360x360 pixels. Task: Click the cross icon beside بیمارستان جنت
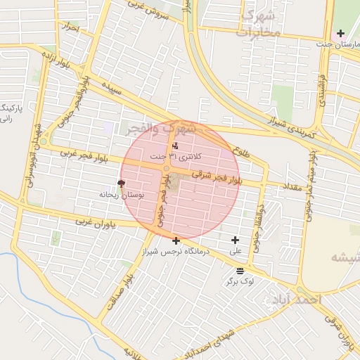[x=340, y=33]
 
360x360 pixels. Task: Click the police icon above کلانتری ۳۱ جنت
[x=175, y=146]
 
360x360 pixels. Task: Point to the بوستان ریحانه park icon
[x=120, y=183]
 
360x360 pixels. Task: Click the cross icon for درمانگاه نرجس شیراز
[x=175, y=240]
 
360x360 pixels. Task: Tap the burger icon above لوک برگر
[x=240, y=271]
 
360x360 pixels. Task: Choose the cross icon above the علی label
[x=235, y=240]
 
